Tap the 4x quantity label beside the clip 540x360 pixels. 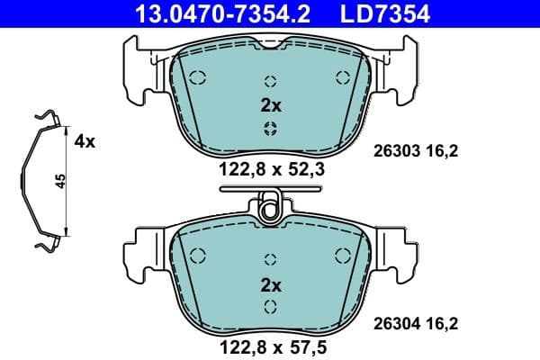pyautogui.click(x=85, y=141)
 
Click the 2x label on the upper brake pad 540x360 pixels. pyautogui.click(x=271, y=105)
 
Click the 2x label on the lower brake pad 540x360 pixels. pyautogui.click(x=271, y=285)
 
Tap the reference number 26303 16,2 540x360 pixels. pyautogui.click(x=416, y=152)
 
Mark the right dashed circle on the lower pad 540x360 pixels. pyautogui.click(x=342, y=254)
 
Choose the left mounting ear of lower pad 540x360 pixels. pyautogui.click(x=137, y=252)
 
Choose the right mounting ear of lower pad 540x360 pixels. pyautogui.click(x=403, y=252)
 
